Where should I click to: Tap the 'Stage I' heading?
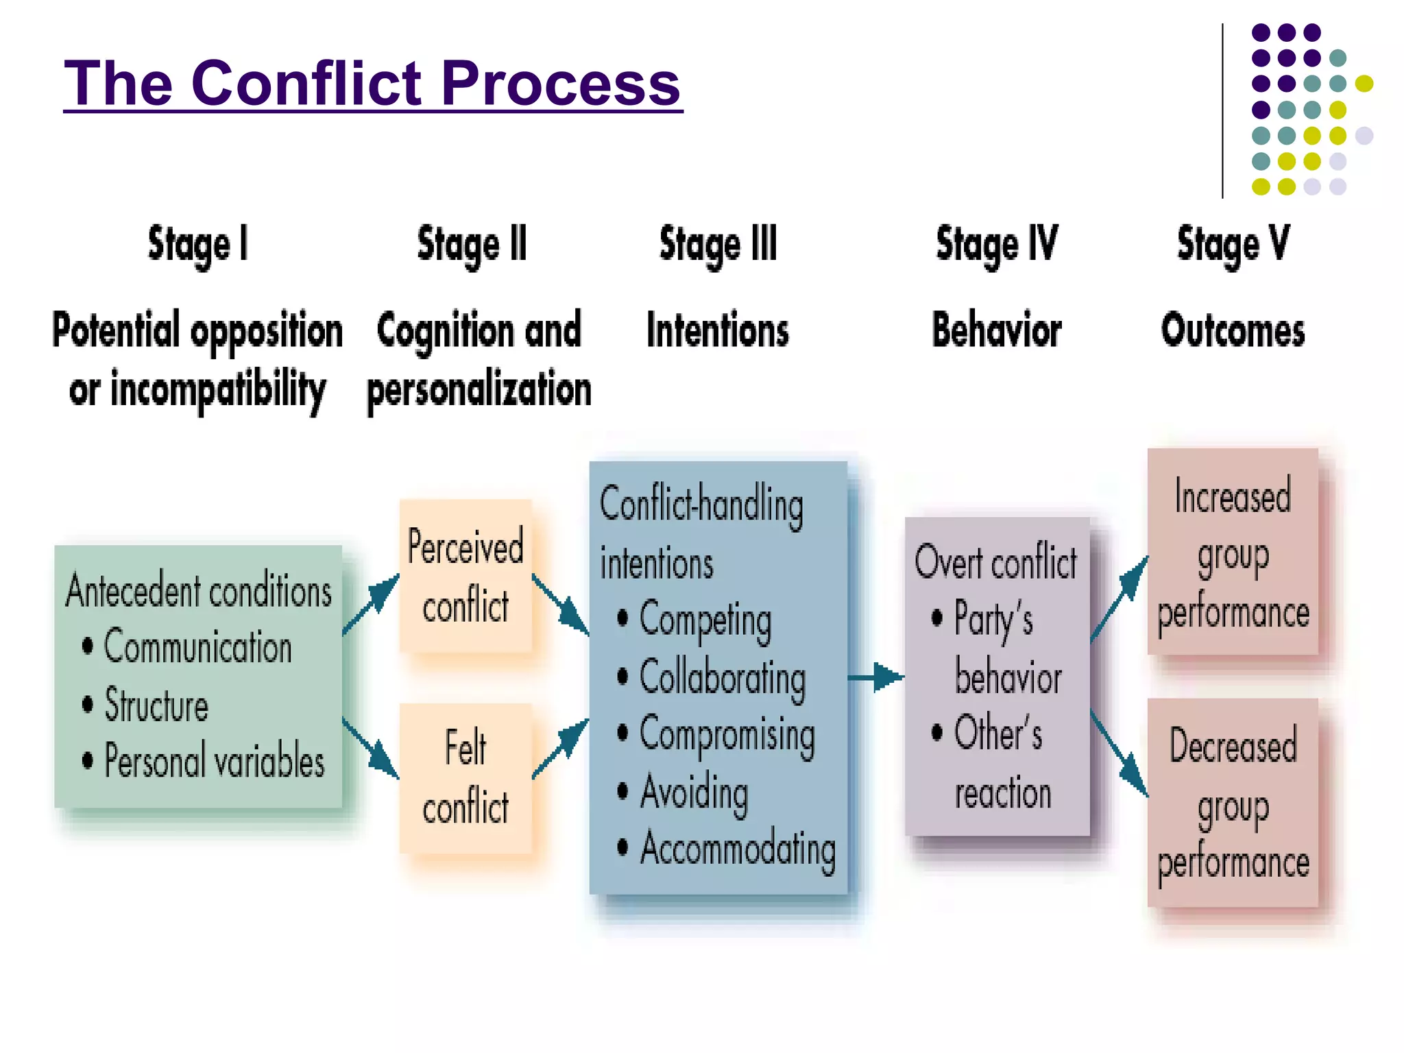[x=197, y=245]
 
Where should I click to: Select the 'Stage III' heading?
[x=718, y=245]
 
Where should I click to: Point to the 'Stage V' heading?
[x=1233, y=245]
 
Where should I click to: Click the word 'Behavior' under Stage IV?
[x=996, y=330]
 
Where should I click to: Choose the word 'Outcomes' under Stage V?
[x=1233, y=330]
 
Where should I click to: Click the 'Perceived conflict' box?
[x=465, y=576]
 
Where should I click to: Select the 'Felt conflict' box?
[x=465, y=777]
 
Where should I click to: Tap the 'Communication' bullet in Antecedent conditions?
[x=197, y=647]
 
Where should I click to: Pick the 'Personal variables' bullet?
[x=213, y=761]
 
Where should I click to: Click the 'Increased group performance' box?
[x=1233, y=552]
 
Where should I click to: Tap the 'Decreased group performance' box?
[x=1233, y=802]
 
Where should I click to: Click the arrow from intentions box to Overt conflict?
[x=875, y=677]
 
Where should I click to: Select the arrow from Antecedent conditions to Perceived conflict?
[x=371, y=603]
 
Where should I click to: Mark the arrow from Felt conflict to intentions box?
[x=561, y=749]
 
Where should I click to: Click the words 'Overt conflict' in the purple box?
[x=995, y=562]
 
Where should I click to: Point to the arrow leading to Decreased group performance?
[x=1119, y=754]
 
